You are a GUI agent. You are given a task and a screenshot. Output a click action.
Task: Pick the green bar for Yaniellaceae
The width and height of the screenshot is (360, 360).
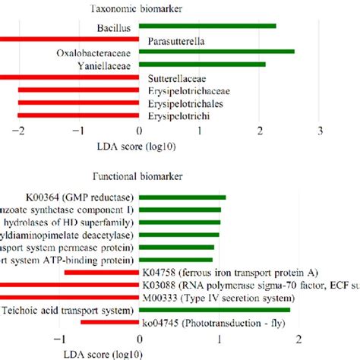click(x=202, y=65)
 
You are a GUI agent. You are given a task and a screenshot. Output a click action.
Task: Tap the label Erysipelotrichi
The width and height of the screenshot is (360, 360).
click(x=179, y=116)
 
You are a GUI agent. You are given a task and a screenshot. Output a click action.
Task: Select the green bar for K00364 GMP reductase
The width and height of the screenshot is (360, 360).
click(x=183, y=196)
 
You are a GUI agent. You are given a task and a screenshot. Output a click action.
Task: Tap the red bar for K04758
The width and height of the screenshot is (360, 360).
click(x=102, y=272)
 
